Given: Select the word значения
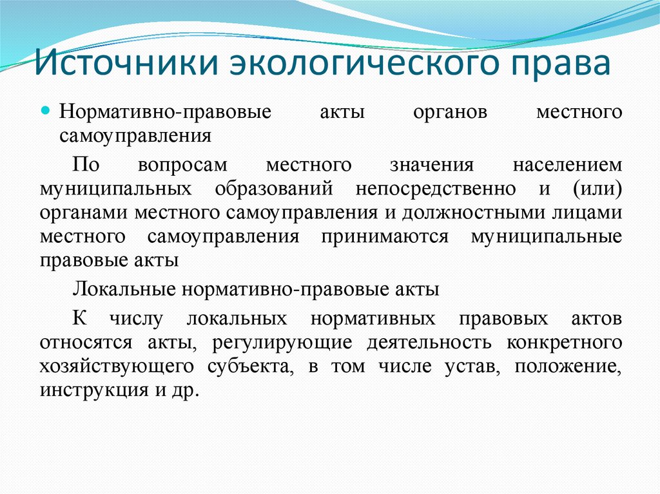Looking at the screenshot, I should coord(432,164).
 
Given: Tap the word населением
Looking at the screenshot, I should coord(567,164).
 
